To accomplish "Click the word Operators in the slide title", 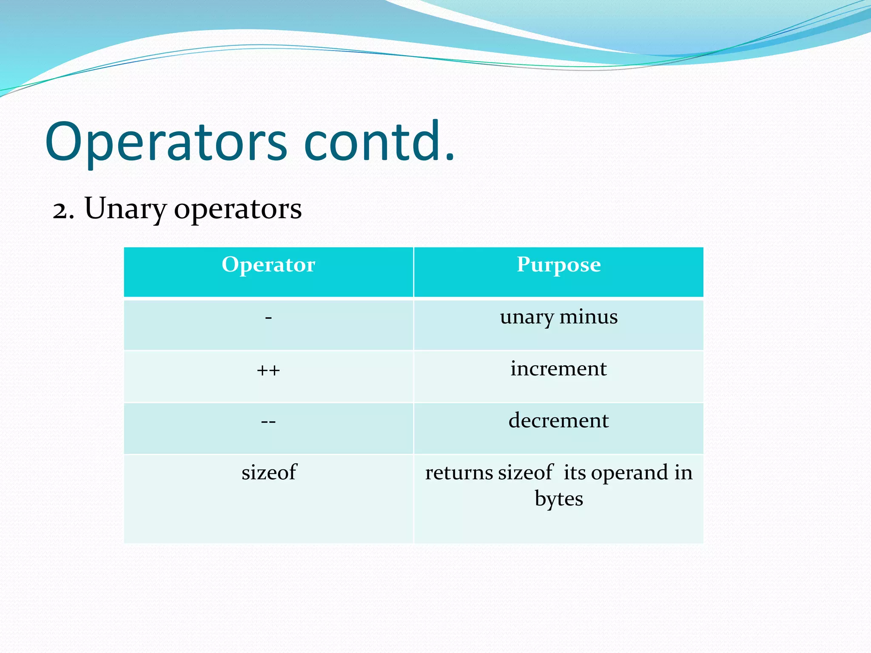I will pos(166,142).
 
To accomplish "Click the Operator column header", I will pos(268,265).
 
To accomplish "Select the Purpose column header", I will pos(558,265).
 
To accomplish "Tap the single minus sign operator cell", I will pos(268,318).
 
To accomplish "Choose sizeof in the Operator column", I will pos(269,472).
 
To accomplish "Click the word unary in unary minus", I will pos(527,318).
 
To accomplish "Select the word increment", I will pos(558,369).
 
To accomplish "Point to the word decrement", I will pos(558,420).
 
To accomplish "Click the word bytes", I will pos(558,499).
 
